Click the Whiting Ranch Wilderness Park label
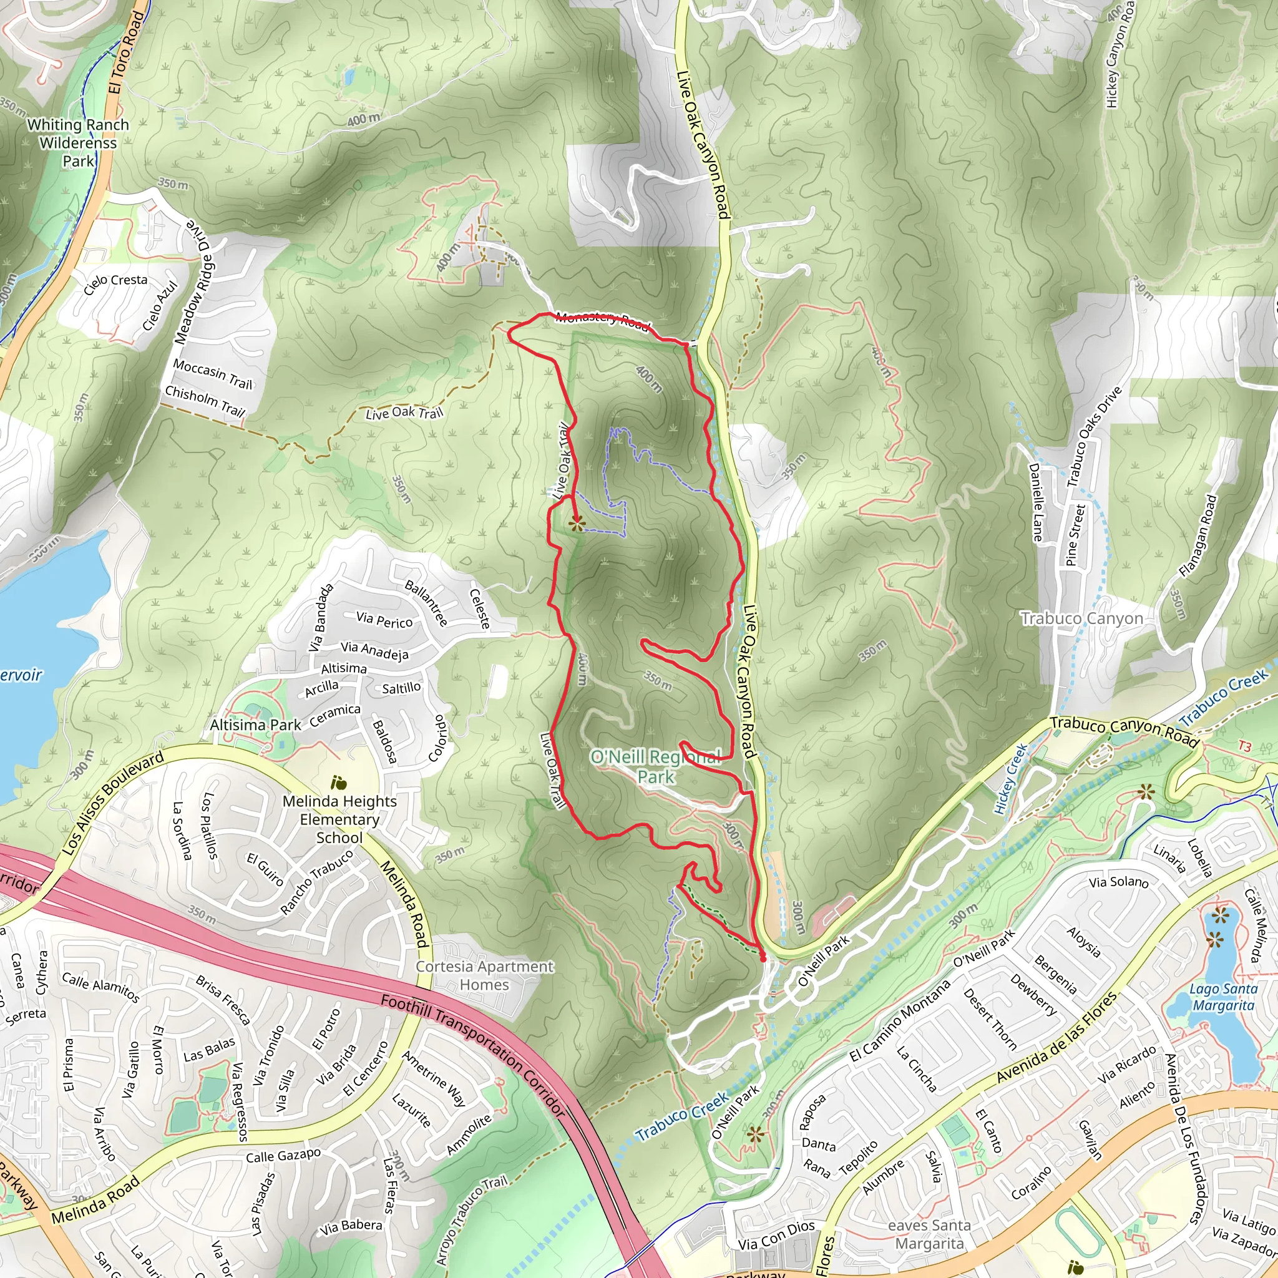(78, 143)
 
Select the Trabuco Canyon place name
(1081, 618)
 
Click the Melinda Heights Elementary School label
(339, 819)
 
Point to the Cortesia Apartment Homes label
(484, 975)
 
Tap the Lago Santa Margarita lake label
(1223, 997)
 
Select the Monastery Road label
(602, 319)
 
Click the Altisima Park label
(255, 725)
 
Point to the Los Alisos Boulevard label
(112, 803)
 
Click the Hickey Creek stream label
(1011, 778)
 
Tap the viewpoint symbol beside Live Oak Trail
(577, 525)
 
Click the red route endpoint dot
(763, 958)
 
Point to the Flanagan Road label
(1198, 537)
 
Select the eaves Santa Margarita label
(929, 1234)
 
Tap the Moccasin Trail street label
(213, 374)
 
